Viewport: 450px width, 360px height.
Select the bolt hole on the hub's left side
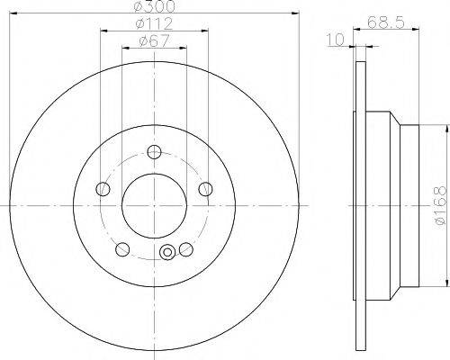(103, 188)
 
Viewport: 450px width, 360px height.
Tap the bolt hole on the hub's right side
(206, 188)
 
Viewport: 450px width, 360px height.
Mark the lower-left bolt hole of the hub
(123, 248)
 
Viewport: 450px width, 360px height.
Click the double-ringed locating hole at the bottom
(166, 255)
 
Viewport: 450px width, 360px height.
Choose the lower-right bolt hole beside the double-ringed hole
(186, 248)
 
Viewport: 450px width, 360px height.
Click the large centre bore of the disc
(154, 204)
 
